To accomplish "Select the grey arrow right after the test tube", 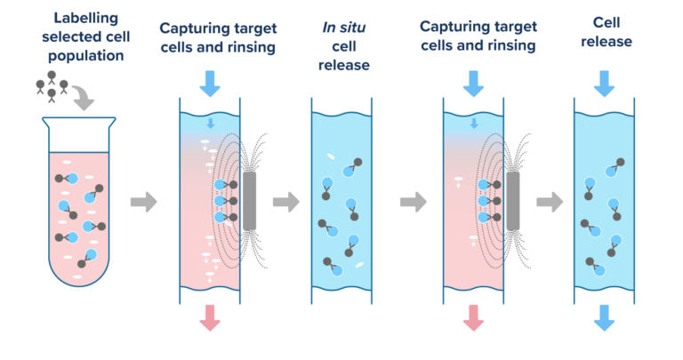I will [142, 203].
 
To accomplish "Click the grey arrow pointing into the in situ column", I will [285, 203].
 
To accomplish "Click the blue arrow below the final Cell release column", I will [604, 316].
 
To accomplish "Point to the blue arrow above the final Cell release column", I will [604, 84].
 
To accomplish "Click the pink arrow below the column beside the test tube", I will [210, 316].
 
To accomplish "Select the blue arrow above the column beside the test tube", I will [210, 84].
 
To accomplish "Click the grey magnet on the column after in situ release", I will [513, 201].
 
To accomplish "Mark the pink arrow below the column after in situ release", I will [473, 316].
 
